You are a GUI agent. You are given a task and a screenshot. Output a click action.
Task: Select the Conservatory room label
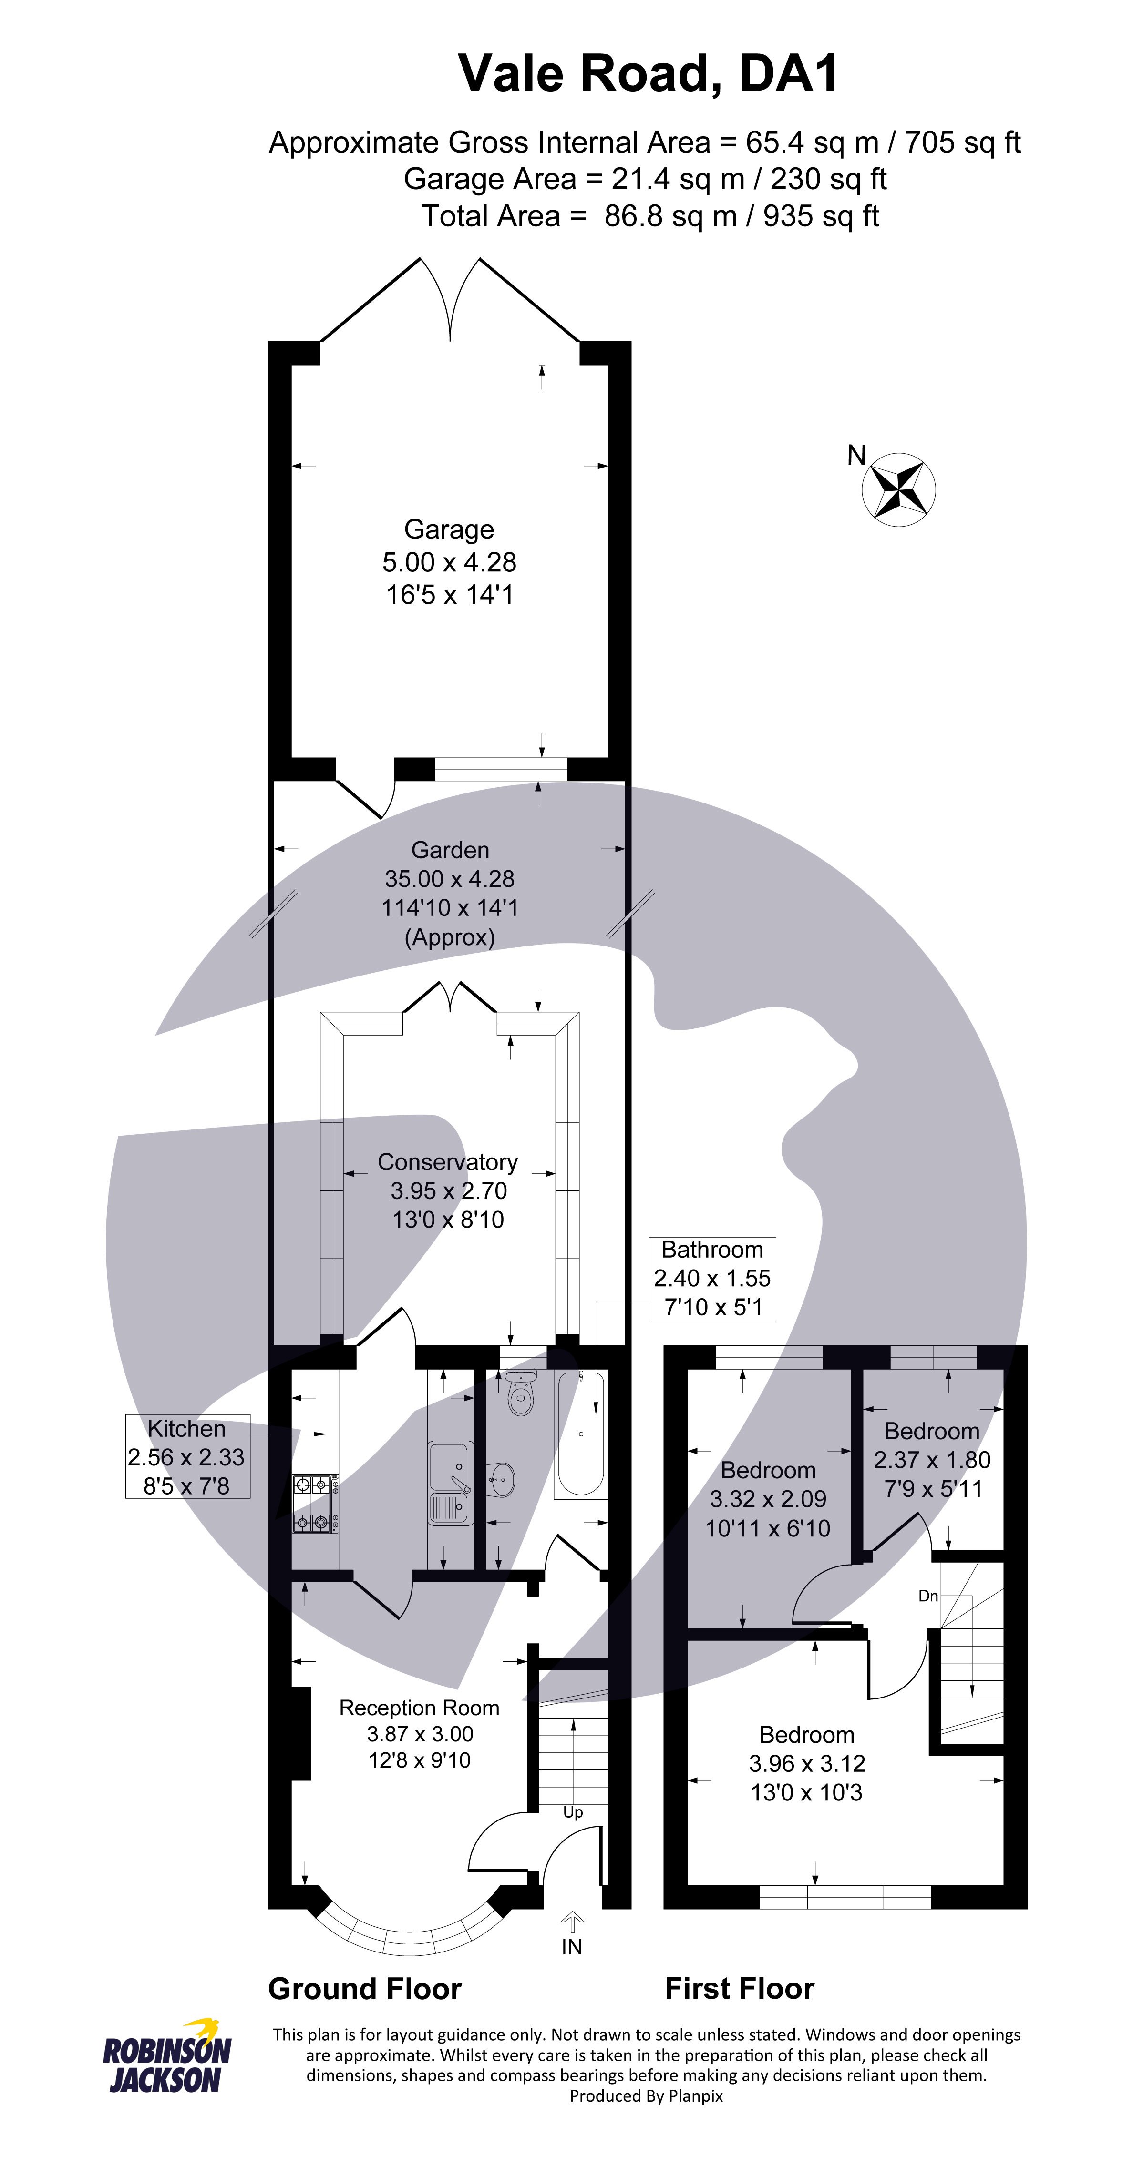click(x=447, y=1161)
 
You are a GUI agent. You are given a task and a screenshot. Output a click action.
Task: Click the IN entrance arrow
click(x=572, y=1925)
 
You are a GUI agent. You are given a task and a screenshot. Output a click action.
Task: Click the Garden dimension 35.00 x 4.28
click(x=449, y=879)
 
